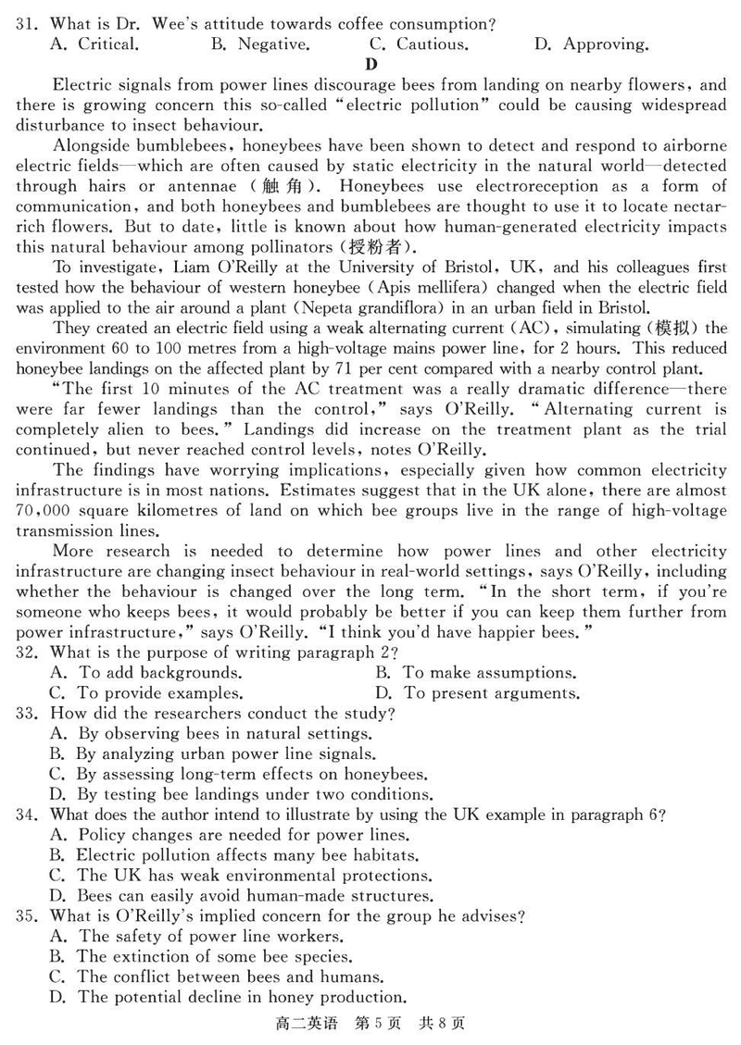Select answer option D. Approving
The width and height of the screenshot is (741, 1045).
point(591,44)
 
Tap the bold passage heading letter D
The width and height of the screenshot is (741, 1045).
point(372,64)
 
